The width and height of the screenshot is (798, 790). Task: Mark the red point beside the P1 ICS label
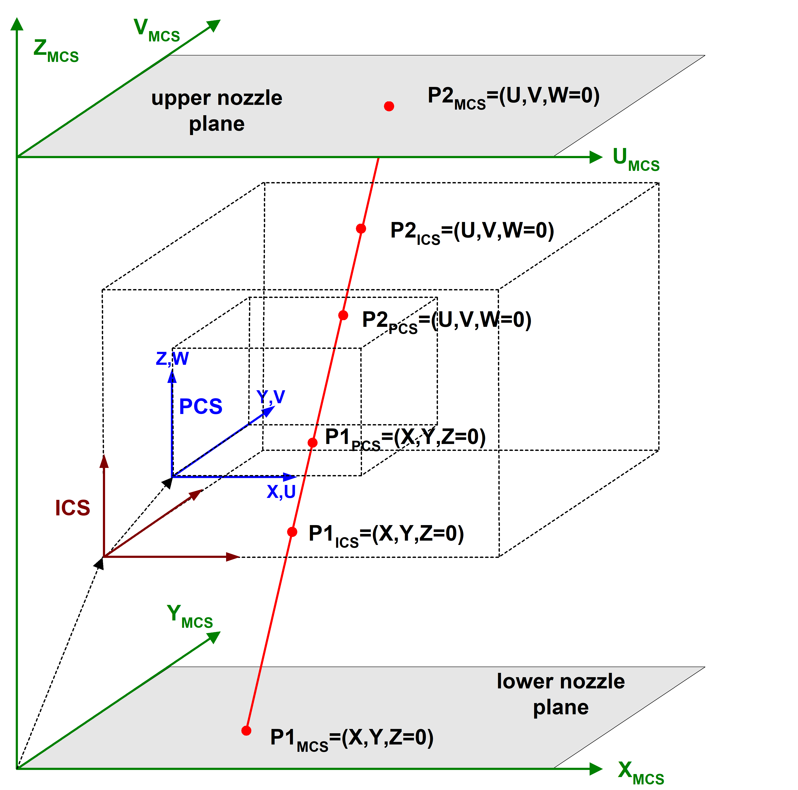point(292,532)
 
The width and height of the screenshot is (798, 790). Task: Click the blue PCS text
point(201,407)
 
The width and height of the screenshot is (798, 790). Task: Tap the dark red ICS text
point(73,508)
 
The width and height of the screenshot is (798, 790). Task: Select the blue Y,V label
point(271,397)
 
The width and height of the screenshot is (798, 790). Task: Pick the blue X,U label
point(281,491)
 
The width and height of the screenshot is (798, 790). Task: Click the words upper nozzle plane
point(217,111)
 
